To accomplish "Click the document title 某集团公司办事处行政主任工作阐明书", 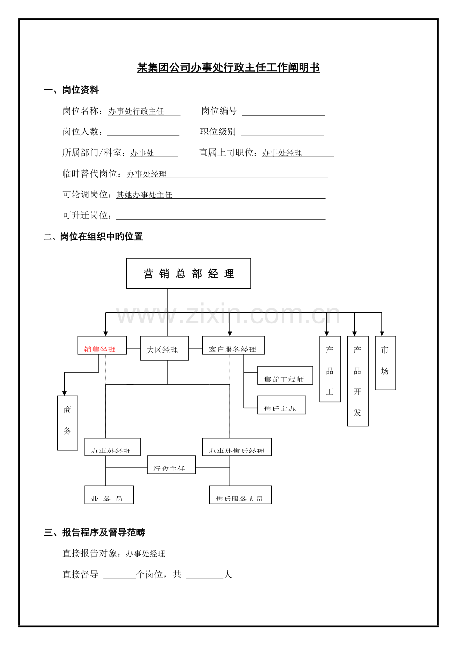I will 228,68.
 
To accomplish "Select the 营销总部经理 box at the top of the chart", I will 188,273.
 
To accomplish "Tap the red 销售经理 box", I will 102,345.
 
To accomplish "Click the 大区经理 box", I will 164,348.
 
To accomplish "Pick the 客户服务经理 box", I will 233,345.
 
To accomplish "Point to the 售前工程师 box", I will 285,375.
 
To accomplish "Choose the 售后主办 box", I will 282,405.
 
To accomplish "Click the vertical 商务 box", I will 68,423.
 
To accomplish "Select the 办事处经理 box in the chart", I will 112,447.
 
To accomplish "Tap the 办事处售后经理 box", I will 236,447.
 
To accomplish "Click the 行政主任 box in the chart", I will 171,465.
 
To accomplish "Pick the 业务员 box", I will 109,495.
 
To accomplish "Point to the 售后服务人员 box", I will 240,495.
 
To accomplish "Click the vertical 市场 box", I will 385,363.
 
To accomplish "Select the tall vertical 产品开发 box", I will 358,381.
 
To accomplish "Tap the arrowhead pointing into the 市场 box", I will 382,333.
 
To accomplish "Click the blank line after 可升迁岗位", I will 221,216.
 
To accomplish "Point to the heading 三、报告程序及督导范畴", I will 94,533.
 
